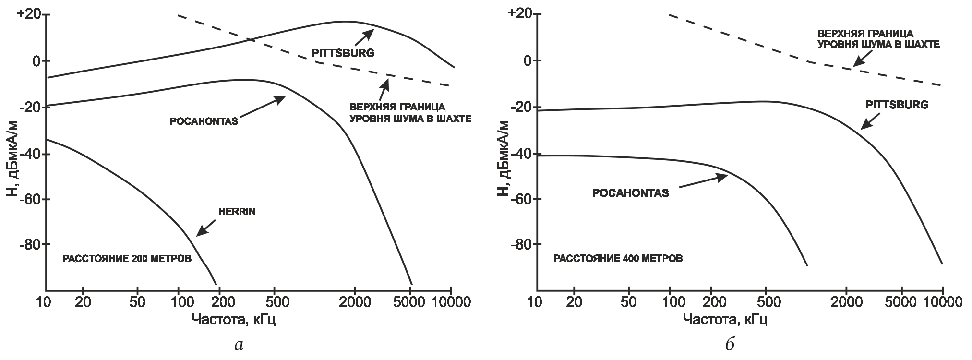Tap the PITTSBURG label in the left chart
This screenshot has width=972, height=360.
tap(342, 53)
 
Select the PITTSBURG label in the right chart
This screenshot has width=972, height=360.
tap(897, 105)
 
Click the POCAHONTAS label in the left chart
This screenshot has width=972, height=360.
tap(204, 121)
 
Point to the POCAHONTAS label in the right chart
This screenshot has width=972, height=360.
tap(630, 193)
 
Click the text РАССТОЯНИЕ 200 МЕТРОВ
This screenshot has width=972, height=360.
tap(127, 259)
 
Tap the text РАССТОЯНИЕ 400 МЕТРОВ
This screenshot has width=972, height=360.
tap(618, 259)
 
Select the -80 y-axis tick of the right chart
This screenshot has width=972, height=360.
tap(520, 244)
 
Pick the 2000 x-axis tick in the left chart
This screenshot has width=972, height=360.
tap(354, 303)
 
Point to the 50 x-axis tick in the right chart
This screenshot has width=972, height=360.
tap(629, 303)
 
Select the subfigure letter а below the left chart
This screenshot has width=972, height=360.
tap(239, 344)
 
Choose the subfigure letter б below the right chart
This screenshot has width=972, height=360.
tap(730, 344)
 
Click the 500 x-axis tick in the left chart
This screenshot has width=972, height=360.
tap(274, 303)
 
